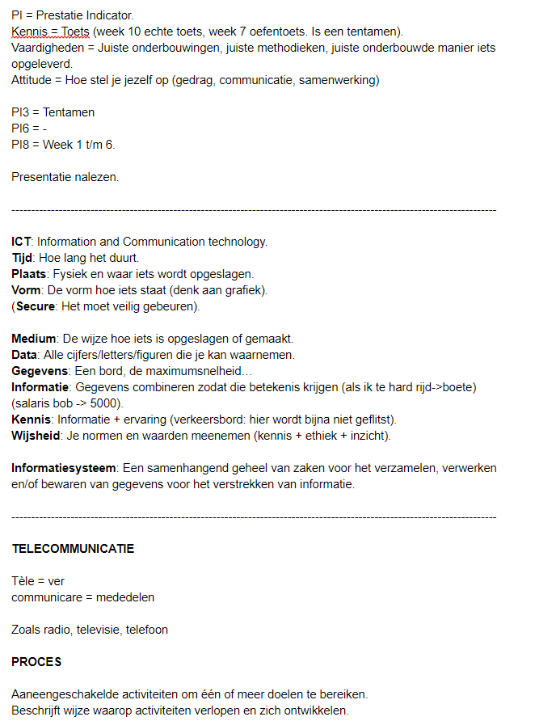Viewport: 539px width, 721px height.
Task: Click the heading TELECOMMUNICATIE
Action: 73,549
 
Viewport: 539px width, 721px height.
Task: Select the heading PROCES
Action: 36,662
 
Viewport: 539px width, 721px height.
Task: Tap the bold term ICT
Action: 21,242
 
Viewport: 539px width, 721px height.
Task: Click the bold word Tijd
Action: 23,258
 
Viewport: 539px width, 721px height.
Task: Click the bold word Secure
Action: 36,306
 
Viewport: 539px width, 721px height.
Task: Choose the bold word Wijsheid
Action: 37,436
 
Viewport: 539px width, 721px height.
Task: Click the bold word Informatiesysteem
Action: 65,468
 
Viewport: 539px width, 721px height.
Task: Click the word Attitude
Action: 33,80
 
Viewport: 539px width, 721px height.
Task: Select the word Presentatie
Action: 43,177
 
